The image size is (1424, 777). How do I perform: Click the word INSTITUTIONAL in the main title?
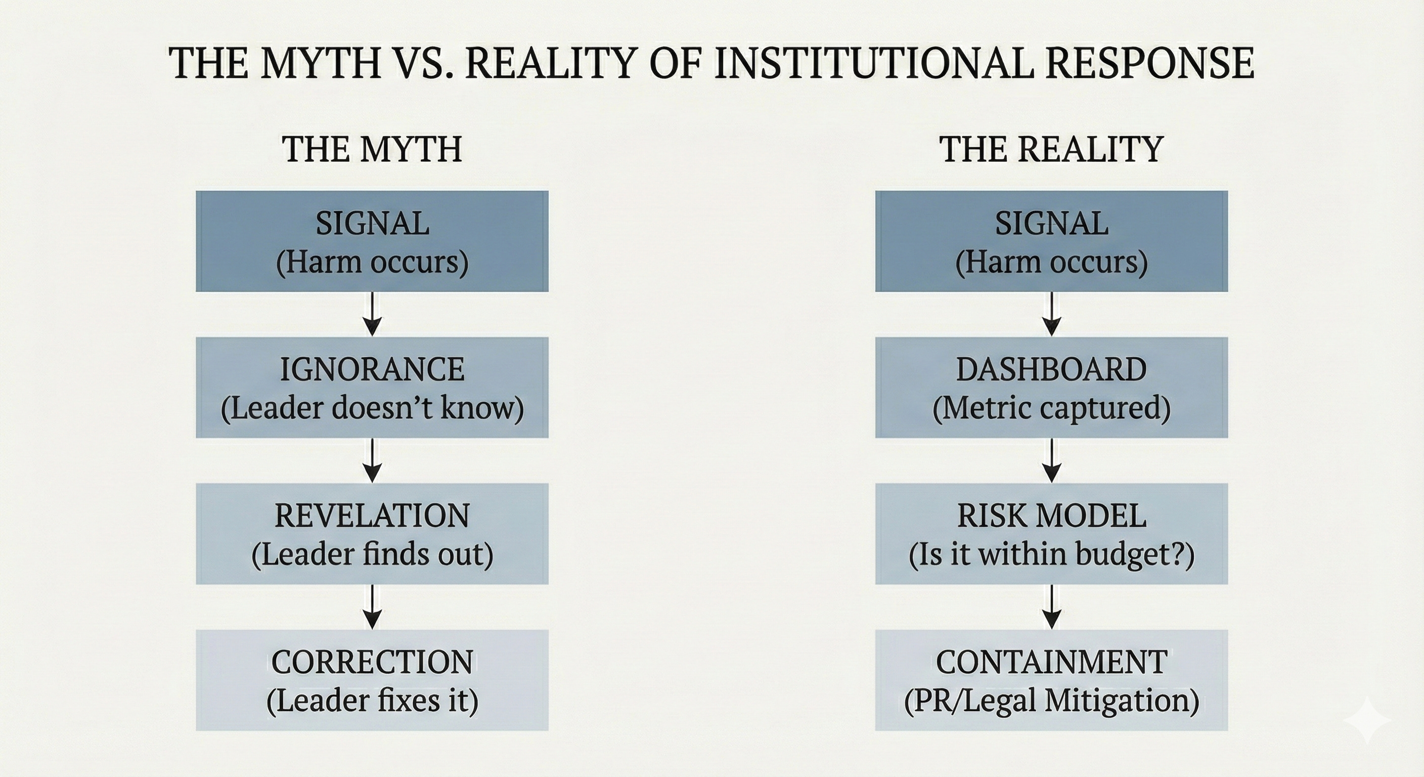[873, 63]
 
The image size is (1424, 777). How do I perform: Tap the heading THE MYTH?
[372, 149]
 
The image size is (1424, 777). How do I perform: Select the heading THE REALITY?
[1051, 149]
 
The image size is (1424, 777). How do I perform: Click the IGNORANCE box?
[372, 387]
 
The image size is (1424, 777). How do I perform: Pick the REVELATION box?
[372, 534]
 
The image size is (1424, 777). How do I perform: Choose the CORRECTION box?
[372, 680]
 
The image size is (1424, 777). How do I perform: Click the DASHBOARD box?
[1051, 387]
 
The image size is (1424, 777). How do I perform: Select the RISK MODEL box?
[1051, 534]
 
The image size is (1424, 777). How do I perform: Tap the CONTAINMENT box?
[1051, 680]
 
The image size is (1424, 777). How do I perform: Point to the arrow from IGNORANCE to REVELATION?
[373, 461]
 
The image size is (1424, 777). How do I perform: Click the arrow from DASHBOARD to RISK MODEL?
[1051, 461]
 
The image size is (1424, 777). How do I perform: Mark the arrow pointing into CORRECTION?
[373, 607]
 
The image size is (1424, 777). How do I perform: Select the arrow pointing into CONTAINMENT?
[1051, 607]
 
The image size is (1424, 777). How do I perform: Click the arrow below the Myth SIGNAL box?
[373, 314]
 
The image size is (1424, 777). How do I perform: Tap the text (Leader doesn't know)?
[372, 409]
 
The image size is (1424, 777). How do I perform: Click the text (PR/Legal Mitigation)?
[1051, 701]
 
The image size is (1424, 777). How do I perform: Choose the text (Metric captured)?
[1051, 409]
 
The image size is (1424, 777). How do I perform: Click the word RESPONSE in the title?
[1150, 63]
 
